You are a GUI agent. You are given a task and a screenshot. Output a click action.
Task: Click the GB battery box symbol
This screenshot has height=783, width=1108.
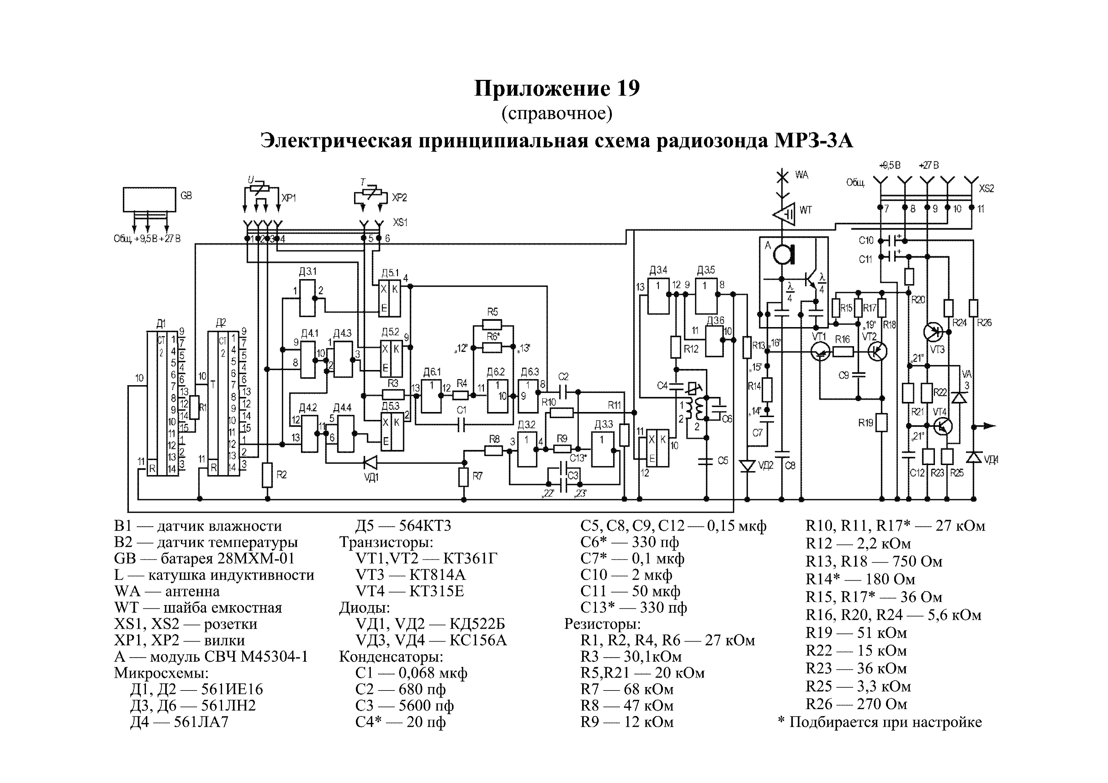tap(149, 199)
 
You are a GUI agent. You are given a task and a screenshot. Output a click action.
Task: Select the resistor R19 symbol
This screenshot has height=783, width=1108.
tap(882, 423)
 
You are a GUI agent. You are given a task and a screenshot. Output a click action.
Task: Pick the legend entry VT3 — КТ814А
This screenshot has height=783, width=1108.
tap(410, 575)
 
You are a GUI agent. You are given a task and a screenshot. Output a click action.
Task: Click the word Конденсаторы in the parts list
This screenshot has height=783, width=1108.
tap(391, 657)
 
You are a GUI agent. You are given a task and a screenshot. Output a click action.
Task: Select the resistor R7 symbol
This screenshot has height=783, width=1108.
tap(463, 477)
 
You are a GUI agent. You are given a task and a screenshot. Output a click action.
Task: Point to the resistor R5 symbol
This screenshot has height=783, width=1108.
tap(492, 324)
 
